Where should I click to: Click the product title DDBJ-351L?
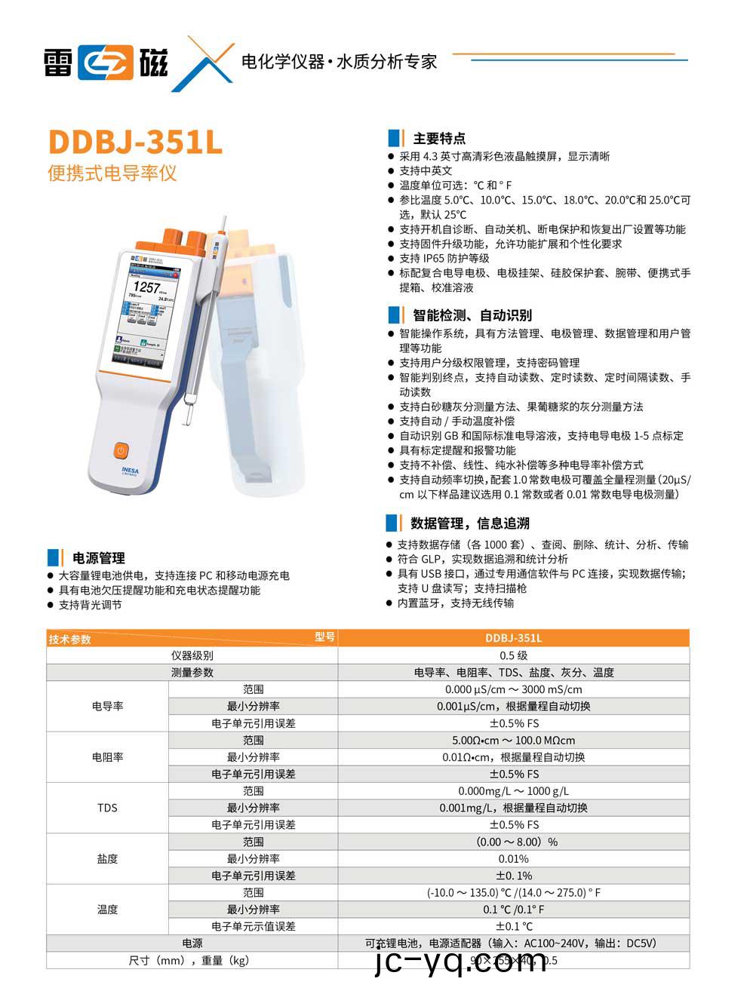pyautogui.click(x=135, y=142)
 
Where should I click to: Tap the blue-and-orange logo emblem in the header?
pyautogui.click(x=106, y=63)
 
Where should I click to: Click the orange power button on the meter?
pyautogui.click(x=121, y=450)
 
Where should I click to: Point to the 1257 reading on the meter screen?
pyautogui.click(x=146, y=287)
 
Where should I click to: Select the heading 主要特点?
pyautogui.click(x=439, y=139)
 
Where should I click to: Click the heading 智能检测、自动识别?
pyautogui.click(x=472, y=315)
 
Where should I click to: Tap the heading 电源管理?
pyautogui.click(x=98, y=558)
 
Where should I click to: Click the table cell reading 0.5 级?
pyautogui.click(x=513, y=655)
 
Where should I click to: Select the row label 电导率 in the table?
pyautogui.click(x=107, y=706)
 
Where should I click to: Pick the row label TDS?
pyautogui.click(x=107, y=808)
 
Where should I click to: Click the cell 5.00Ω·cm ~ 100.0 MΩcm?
pyautogui.click(x=513, y=741)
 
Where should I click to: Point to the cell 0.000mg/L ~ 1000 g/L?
pyautogui.click(x=513, y=791)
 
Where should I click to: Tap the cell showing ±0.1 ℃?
pyautogui.click(x=513, y=926)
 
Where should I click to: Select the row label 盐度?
pyautogui.click(x=107, y=858)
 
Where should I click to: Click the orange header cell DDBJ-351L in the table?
pyautogui.click(x=513, y=638)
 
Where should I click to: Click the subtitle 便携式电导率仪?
pyautogui.click(x=112, y=173)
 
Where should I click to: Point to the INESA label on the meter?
pyautogui.click(x=130, y=469)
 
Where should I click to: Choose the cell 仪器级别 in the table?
pyautogui.click(x=192, y=655)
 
